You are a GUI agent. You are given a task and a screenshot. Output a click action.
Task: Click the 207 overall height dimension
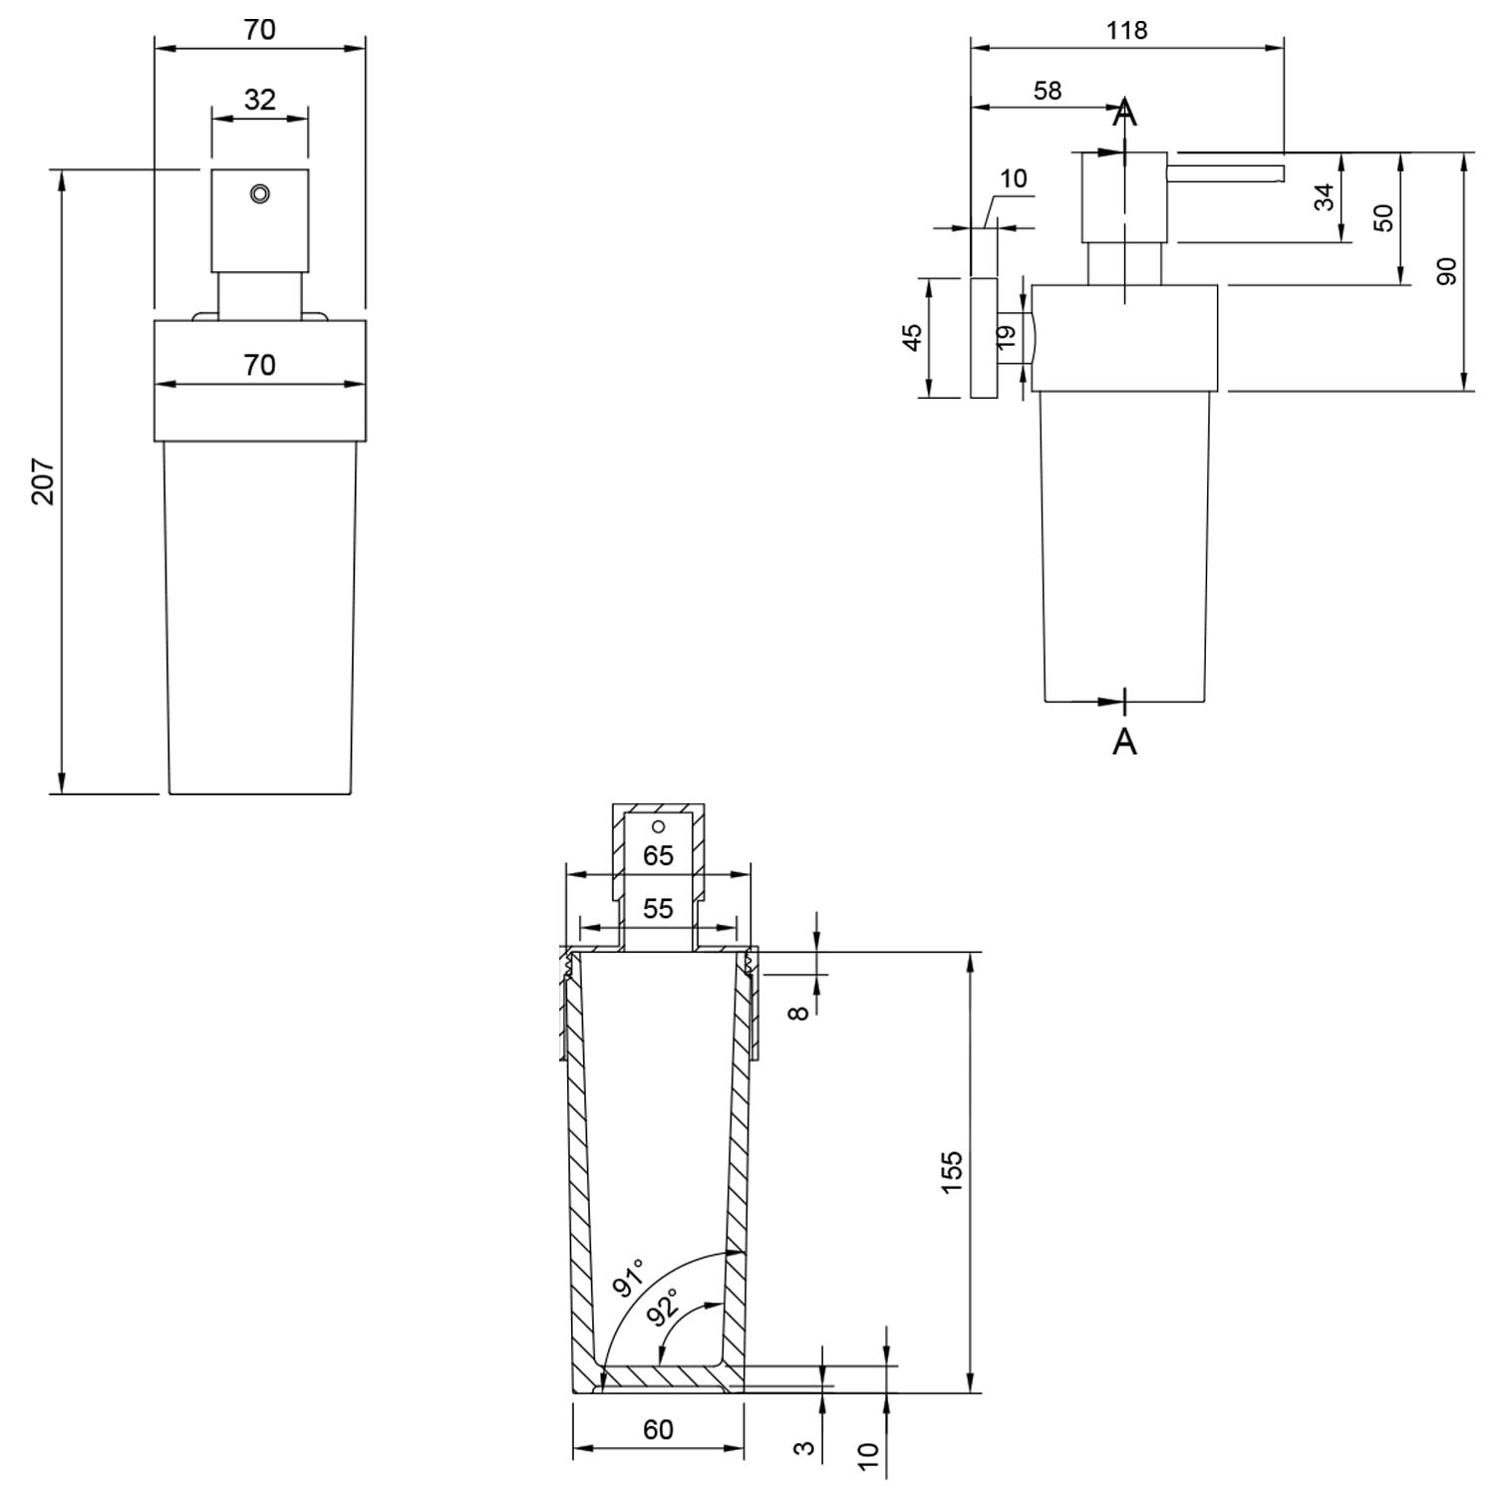(x=44, y=481)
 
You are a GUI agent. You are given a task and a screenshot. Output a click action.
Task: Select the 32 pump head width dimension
(x=259, y=100)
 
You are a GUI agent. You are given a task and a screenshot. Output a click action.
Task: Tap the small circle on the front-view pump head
(x=260, y=194)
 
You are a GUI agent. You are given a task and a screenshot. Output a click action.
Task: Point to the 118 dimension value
(x=1126, y=31)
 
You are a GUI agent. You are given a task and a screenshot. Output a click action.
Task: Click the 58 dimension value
(x=1047, y=91)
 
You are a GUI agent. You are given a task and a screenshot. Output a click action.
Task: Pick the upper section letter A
(x=1124, y=113)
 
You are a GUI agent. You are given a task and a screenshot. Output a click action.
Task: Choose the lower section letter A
(x=1124, y=741)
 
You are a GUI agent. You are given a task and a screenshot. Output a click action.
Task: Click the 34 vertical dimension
(x=1324, y=197)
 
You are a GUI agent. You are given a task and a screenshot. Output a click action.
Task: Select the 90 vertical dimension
(x=1446, y=271)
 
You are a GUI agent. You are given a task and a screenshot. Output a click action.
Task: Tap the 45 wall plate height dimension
(x=911, y=337)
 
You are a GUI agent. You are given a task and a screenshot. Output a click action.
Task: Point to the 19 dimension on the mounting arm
(x=1006, y=337)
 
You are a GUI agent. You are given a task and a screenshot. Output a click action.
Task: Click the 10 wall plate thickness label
(x=1013, y=178)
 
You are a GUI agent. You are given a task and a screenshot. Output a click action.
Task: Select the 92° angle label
(x=663, y=1306)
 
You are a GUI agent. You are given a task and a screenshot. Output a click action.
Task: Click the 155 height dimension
(x=952, y=1172)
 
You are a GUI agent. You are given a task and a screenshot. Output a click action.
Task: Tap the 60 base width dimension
(x=658, y=1430)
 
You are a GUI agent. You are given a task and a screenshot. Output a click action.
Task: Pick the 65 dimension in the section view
(x=658, y=855)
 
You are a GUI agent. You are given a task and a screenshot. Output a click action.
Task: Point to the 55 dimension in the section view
(x=658, y=908)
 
